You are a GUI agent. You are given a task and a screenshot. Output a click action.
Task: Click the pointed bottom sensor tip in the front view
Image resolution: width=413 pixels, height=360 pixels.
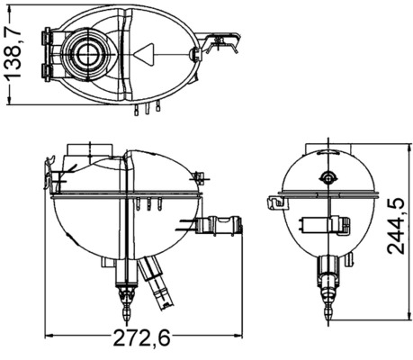pos(126,310)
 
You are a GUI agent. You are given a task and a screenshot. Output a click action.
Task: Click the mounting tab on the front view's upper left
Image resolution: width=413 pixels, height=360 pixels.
pos(54,171)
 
